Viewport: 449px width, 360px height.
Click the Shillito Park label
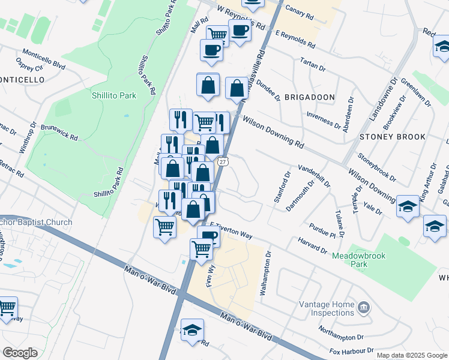point(113,95)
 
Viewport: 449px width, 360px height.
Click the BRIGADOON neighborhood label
point(309,97)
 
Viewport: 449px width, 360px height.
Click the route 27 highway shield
point(223,162)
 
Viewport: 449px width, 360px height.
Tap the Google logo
point(20,353)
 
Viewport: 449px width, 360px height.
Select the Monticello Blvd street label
point(43,58)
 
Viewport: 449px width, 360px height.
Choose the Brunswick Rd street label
point(59,133)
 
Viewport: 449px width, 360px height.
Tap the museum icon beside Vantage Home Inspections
point(363,308)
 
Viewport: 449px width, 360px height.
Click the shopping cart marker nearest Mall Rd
point(217,35)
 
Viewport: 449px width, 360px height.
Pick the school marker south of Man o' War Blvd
point(192,330)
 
